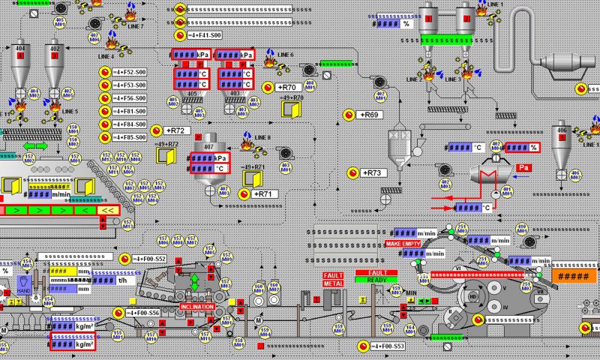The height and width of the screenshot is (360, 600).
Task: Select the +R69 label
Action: [370, 115]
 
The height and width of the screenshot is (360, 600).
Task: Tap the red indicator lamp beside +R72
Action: [157, 130]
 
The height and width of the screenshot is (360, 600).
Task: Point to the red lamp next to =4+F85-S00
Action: [106, 137]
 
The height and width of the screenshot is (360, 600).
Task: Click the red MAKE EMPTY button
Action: [402, 244]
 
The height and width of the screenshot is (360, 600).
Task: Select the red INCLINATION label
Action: [198, 307]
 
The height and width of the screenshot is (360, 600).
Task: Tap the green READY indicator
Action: [376, 280]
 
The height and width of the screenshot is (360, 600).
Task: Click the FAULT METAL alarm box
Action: [333, 279]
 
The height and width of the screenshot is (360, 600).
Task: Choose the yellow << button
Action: [108, 210]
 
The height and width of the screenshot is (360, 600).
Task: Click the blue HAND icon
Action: [22, 285]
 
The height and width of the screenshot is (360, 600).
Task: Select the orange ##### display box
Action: [574, 276]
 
